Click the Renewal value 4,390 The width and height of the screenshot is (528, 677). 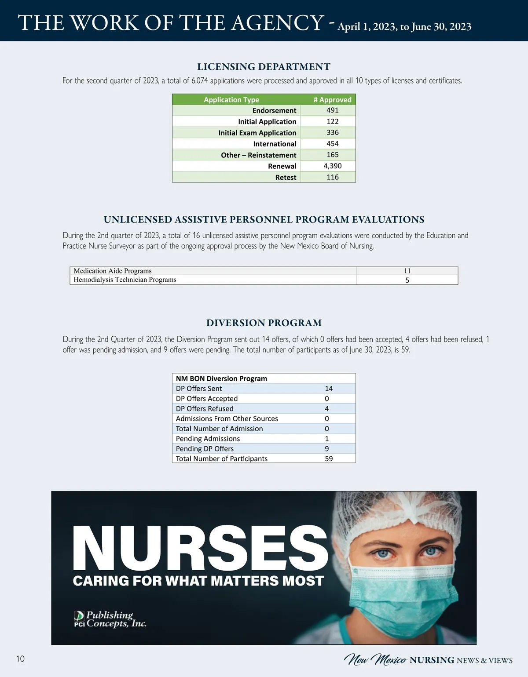[333, 166]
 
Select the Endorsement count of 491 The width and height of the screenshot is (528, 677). [333, 110]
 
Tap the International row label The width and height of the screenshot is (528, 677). [275, 144]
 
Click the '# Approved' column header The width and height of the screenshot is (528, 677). [332, 100]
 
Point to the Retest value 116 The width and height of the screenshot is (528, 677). [333, 177]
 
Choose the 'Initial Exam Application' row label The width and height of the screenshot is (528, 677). [257, 133]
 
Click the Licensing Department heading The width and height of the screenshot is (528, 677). [264, 67]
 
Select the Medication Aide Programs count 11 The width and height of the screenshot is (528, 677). [407, 271]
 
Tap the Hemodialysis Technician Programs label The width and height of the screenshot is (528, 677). [125, 280]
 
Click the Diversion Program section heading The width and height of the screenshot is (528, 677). [264, 323]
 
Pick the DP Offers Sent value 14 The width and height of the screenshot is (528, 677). [329, 389]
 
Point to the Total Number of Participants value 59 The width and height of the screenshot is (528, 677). [329, 459]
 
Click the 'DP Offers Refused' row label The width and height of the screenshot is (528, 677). [205, 409]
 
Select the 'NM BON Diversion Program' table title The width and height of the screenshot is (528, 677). [221, 379]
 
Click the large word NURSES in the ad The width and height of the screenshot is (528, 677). [200, 548]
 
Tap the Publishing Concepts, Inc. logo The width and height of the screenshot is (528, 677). [110, 619]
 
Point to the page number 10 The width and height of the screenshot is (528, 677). [20, 659]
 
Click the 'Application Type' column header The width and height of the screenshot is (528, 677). [231, 100]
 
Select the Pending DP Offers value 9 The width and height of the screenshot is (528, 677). [327, 449]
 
